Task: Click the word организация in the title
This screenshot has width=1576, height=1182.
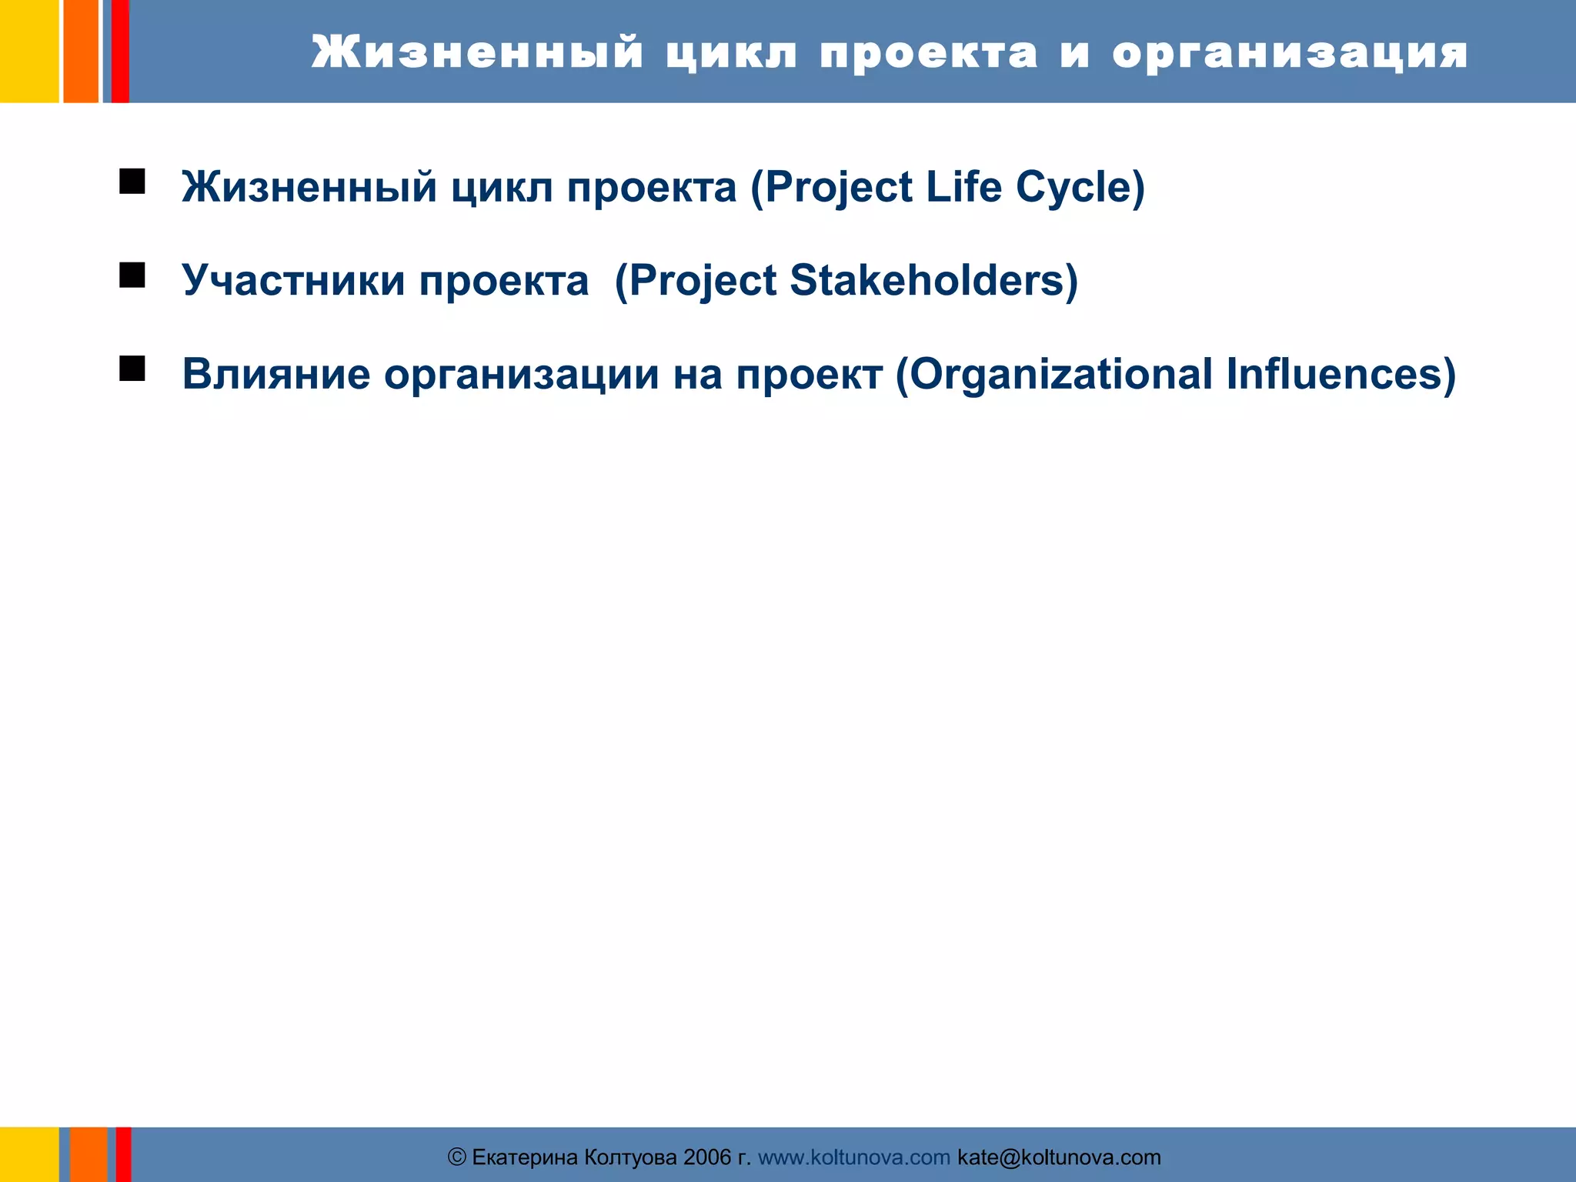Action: click(x=1290, y=54)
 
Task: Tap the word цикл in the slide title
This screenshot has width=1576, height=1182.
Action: click(x=732, y=54)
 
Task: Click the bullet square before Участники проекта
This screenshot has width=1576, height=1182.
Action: click(x=132, y=275)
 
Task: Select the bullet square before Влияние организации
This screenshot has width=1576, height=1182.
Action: click(x=132, y=369)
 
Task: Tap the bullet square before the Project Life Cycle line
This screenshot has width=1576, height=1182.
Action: click(x=132, y=182)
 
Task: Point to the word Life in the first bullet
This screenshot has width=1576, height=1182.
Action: click(x=963, y=187)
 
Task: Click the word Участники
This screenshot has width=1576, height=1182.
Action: click(x=293, y=280)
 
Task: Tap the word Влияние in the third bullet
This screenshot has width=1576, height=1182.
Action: click(x=275, y=375)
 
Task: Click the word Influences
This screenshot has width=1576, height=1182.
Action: click(x=1340, y=375)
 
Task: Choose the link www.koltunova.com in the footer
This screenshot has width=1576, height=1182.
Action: click(x=853, y=1157)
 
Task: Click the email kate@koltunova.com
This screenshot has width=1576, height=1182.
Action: click(x=1059, y=1157)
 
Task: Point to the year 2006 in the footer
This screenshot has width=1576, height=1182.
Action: click(x=707, y=1157)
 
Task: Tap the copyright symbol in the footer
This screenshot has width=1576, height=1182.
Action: click(x=457, y=1157)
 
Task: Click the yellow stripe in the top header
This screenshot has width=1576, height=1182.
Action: click(x=28, y=51)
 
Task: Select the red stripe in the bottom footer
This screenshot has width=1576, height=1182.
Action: click(x=123, y=1154)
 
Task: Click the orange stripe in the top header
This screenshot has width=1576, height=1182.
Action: click(x=80, y=51)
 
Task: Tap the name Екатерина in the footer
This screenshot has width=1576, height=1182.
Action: click(x=524, y=1157)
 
